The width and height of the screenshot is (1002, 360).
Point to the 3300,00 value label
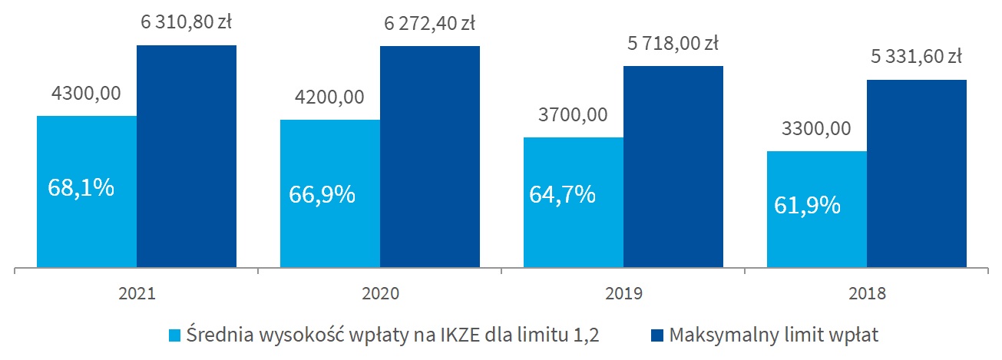pos(816,128)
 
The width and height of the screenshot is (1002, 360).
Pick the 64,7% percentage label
pos(563,193)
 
